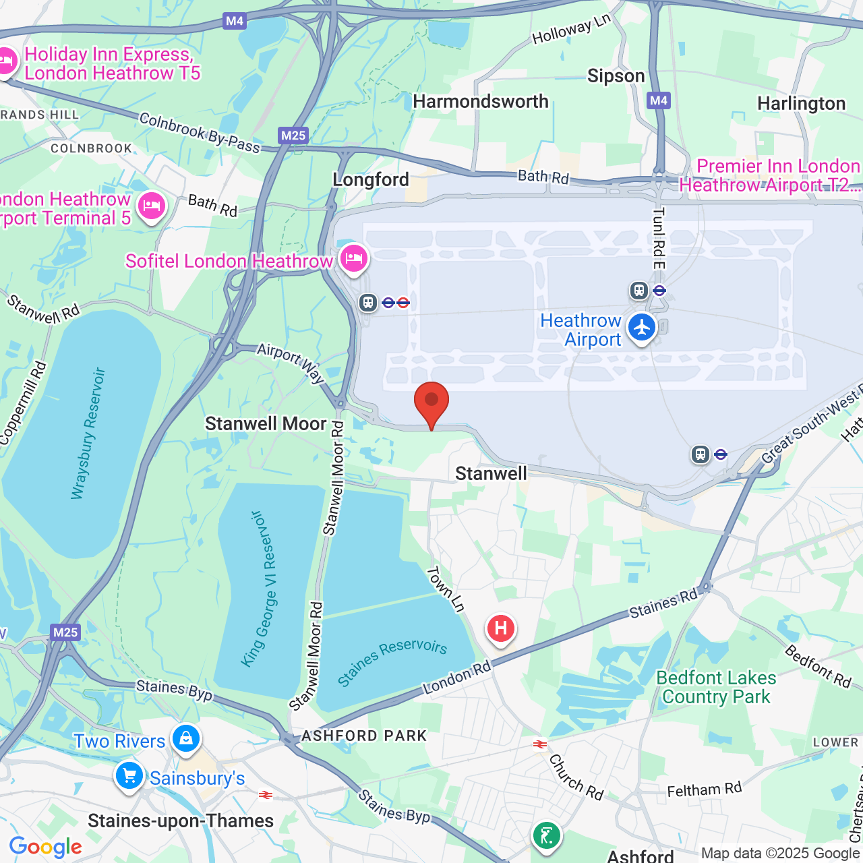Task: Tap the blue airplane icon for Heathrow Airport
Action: click(641, 328)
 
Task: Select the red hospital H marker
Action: click(500, 629)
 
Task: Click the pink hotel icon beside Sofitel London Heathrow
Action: click(353, 258)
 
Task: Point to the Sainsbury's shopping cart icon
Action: click(129, 776)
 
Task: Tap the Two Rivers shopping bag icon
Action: click(185, 738)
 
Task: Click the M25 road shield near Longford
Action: click(293, 136)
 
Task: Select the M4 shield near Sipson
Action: click(659, 101)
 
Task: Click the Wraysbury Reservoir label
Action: click(89, 433)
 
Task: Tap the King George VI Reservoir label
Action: click(259, 589)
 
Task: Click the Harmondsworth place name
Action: click(481, 102)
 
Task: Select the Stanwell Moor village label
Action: click(266, 424)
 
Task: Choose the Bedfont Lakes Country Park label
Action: click(716, 687)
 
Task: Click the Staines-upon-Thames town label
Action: click(181, 821)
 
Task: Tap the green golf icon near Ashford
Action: click(546, 836)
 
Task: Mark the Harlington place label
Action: click(801, 104)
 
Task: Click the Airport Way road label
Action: click(291, 362)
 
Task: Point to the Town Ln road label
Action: click(446, 589)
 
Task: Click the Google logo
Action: click(45, 847)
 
